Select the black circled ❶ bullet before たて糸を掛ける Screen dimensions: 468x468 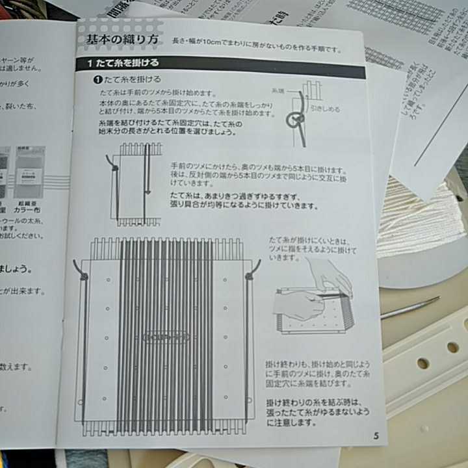point(97,79)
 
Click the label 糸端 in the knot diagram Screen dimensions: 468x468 point(278,92)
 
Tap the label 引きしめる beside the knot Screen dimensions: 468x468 point(324,109)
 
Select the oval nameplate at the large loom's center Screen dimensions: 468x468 point(166,337)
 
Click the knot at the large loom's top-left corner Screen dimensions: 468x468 point(84,276)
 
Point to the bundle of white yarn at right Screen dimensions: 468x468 point(416,214)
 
